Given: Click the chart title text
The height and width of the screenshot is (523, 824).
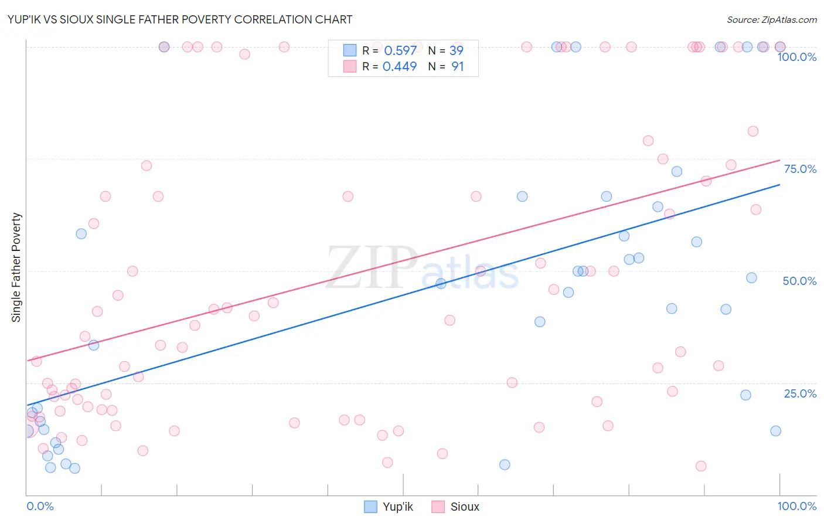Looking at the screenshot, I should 181,19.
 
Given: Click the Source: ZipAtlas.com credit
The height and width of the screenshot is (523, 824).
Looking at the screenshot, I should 771,20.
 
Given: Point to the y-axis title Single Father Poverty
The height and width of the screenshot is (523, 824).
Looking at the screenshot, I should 16,267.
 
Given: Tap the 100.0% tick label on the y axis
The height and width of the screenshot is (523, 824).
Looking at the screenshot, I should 796,57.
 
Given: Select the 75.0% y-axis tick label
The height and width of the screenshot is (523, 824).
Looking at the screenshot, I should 800,169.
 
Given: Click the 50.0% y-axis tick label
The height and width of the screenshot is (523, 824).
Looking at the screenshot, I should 799,281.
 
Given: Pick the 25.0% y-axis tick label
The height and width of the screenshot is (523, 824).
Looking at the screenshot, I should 800,393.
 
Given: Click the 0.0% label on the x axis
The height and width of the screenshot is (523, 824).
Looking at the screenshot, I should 40,506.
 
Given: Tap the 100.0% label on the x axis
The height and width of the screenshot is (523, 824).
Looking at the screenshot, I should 796,506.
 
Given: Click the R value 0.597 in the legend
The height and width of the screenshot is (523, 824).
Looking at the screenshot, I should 400,51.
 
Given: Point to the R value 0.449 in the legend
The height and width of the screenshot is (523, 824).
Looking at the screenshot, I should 400,67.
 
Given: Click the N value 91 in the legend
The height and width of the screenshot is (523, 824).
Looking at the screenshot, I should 457,67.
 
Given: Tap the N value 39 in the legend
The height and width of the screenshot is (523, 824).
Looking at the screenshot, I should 456,51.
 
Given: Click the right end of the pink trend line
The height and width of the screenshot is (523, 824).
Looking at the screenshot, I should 779,160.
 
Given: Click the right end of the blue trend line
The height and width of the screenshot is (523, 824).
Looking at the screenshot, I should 779,185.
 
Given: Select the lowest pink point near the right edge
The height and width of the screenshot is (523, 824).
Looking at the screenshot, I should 701,466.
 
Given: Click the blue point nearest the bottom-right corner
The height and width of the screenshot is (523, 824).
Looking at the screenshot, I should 775,431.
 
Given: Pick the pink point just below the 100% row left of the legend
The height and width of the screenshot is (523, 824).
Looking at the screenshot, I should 244,54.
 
